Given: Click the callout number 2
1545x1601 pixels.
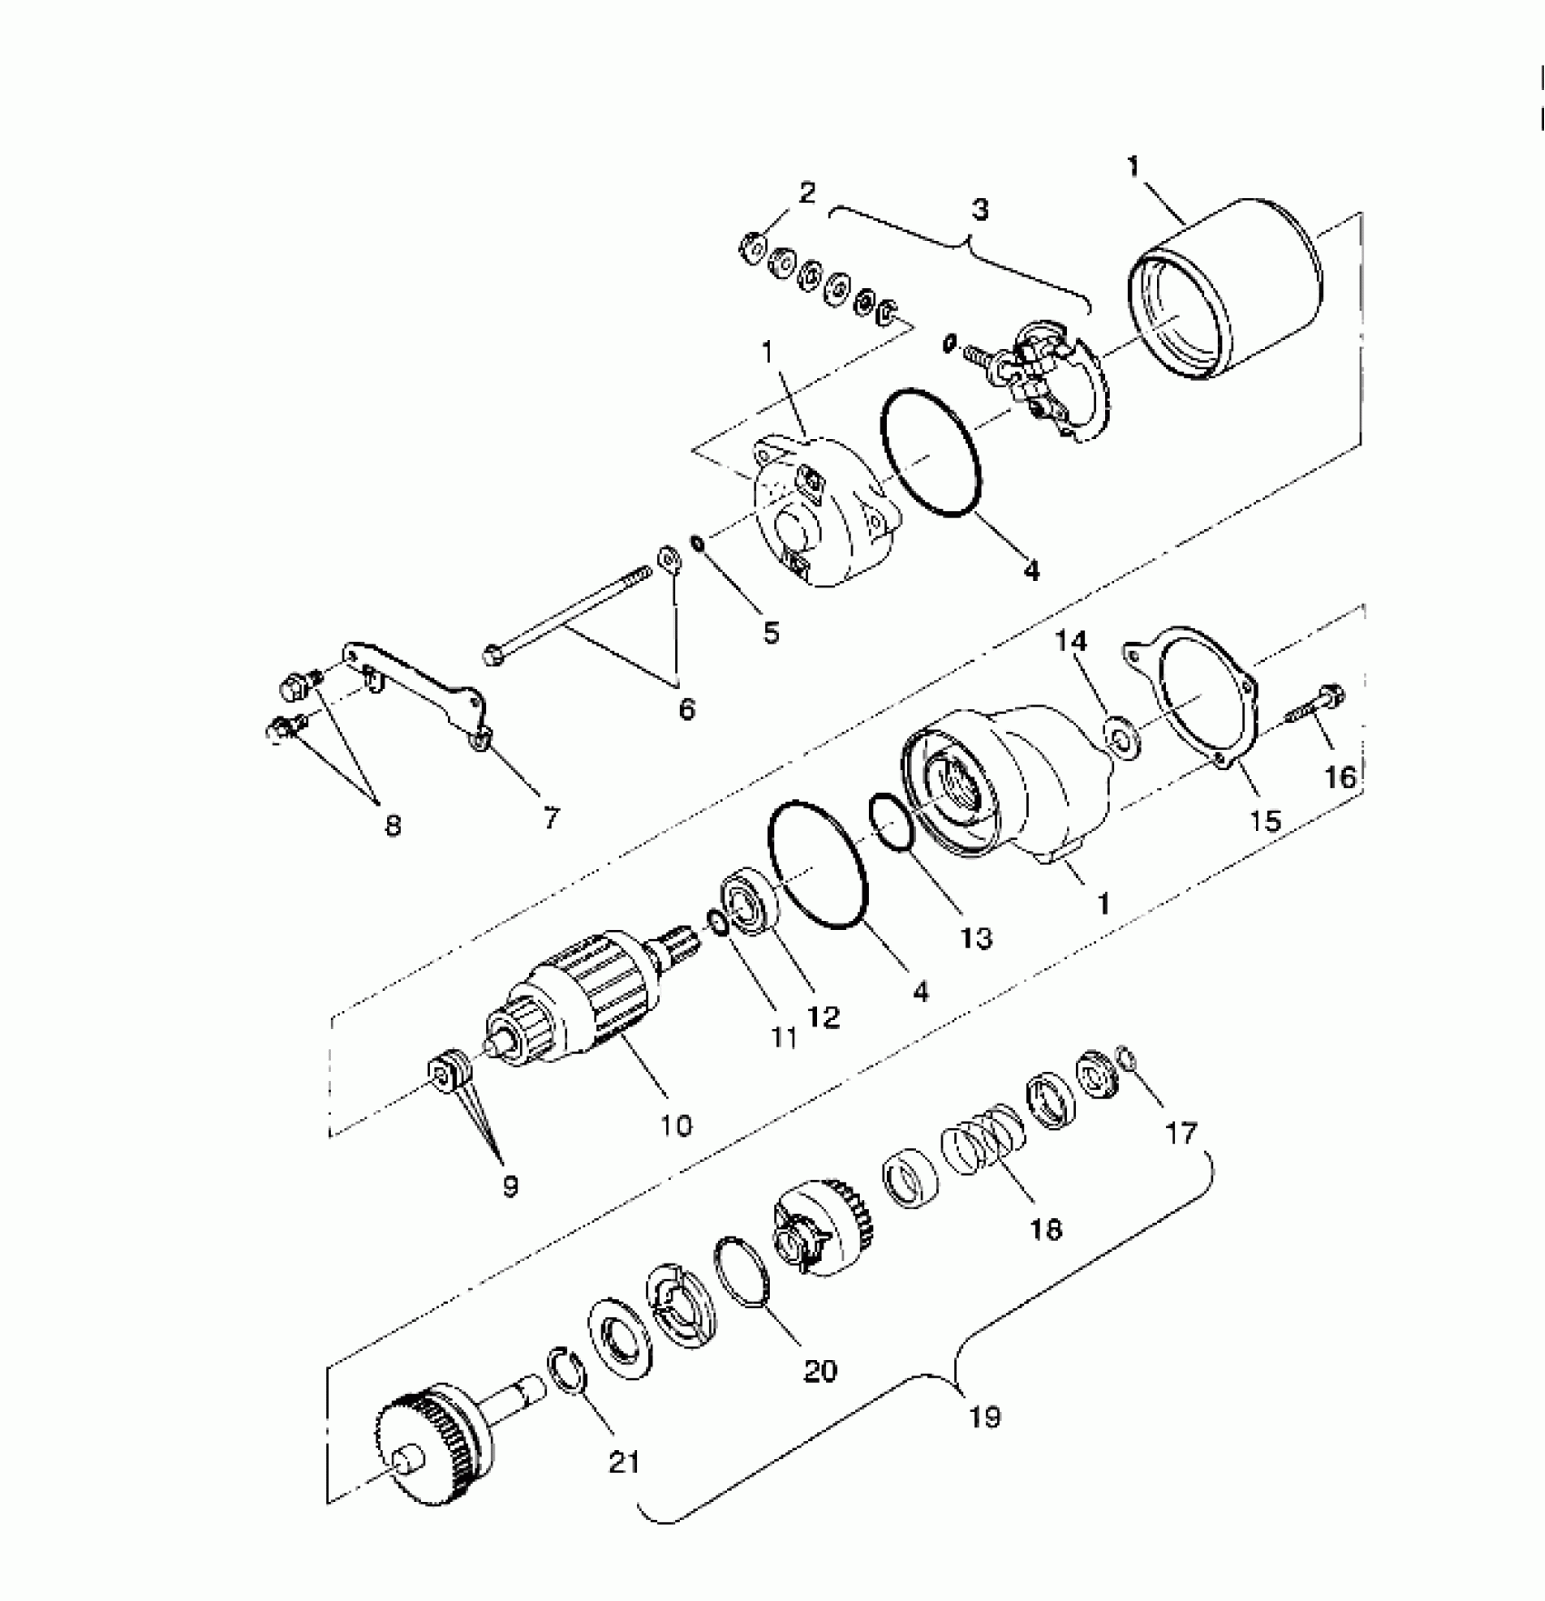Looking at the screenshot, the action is (x=807, y=193).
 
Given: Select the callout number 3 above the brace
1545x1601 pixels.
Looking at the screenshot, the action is (x=980, y=209).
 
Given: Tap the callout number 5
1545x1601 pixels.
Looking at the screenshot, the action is (x=771, y=633).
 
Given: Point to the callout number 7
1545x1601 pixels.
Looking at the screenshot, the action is (x=551, y=817).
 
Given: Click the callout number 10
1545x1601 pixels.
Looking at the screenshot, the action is (x=676, y=1126).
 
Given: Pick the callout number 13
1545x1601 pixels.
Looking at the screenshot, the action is (x=976, y=938).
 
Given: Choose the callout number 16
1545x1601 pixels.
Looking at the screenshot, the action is (x=1340, y=777).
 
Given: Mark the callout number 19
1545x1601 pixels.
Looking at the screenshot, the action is (x=985, y=1417).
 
